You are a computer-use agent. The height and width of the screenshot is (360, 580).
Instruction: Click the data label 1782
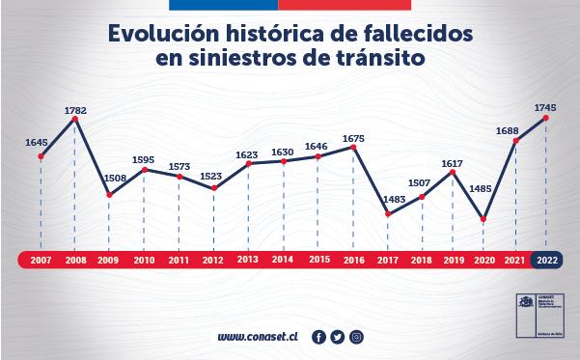point(75,110)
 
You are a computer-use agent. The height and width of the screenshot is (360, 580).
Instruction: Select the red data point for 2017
point(388,214)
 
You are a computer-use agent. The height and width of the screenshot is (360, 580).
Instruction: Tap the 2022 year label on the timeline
point(548,260)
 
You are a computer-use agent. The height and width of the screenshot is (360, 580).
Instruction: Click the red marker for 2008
point(75,120)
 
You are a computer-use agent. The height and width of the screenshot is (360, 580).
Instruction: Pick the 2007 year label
point(40,260)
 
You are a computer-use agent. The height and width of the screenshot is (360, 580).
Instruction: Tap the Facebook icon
point(319,337)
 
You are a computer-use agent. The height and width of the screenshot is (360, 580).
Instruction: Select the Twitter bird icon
point(338,337)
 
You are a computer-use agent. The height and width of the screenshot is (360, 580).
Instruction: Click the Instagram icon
point(356,337)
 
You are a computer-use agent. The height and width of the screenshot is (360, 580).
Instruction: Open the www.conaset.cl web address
point(258,337)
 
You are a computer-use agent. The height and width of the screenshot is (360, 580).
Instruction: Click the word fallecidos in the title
point(413,32)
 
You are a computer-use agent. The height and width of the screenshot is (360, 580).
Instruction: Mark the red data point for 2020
point(483,219)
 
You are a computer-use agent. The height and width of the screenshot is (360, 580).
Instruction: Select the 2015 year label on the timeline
point(318,260)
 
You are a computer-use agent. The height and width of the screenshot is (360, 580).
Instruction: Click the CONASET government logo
point(528,314)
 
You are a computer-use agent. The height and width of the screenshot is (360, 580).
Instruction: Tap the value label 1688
point(513,130)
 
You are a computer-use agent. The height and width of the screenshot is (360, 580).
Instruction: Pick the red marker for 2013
point(249,163)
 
